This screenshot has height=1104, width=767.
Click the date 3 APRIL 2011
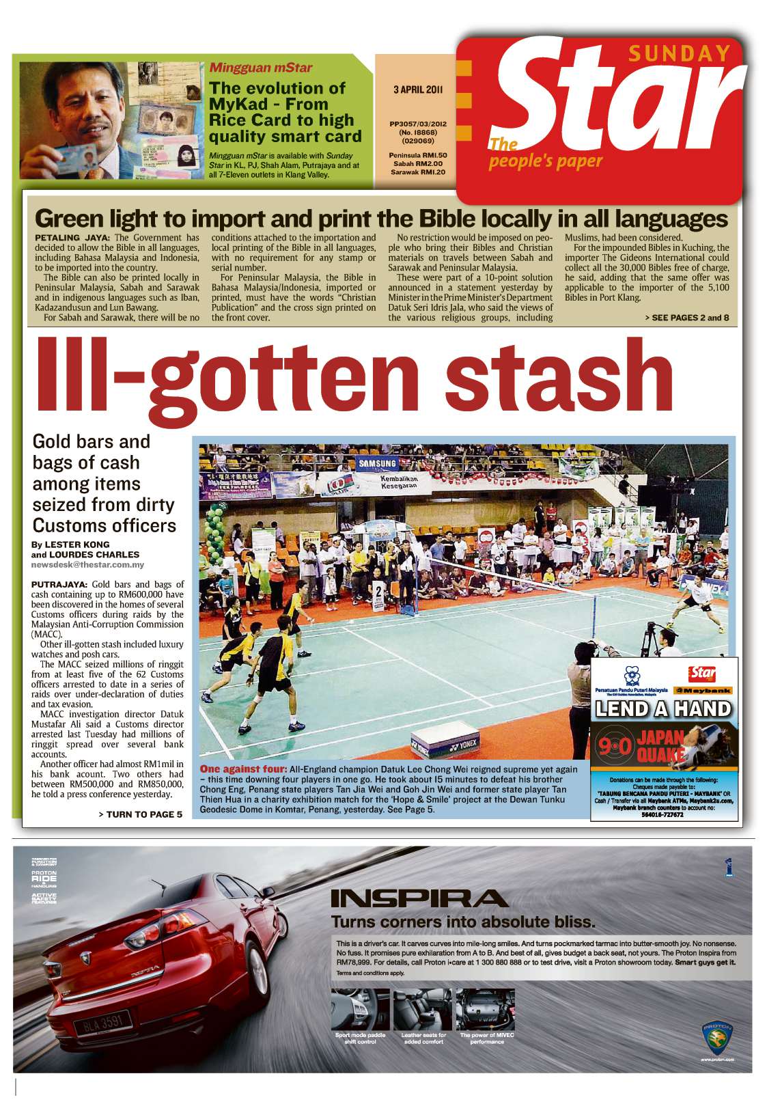point(419,89)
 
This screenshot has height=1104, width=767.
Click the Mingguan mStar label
point(260,68)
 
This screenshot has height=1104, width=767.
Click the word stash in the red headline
point(563,376)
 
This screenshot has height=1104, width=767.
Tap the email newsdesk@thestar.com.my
point(87,565)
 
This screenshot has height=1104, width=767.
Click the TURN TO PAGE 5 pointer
point(140,814)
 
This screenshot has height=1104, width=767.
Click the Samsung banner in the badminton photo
point(378,464)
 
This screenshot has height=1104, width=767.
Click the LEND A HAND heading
point(663,708)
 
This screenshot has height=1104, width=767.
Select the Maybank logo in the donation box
point(703,691)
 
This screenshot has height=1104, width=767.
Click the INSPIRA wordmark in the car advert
point(419,899)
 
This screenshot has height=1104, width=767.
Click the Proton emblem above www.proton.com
point(716,1036)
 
